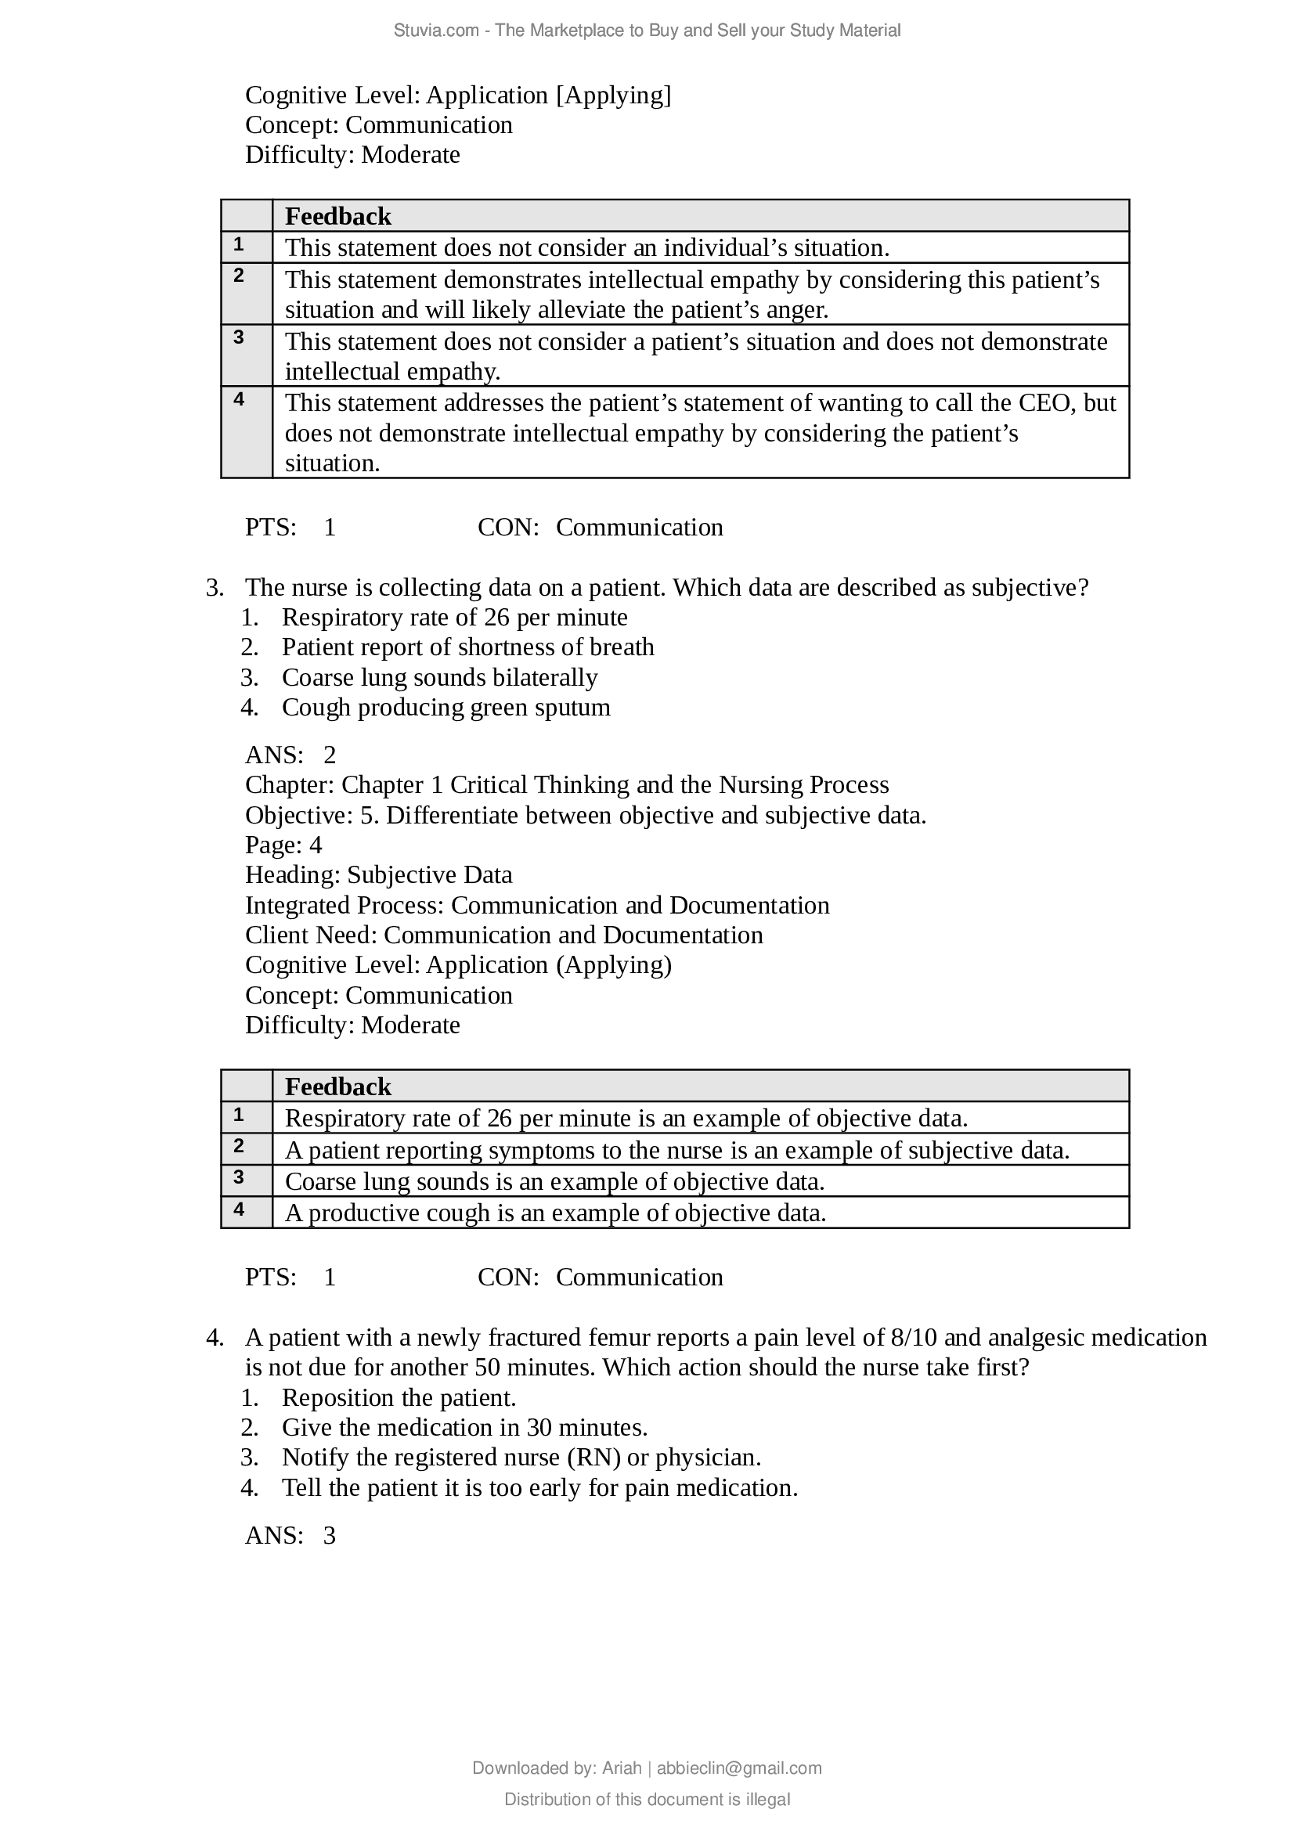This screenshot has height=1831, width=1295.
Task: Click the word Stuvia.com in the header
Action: pos(435,31)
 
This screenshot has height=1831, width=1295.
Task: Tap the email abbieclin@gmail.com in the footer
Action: pos(738,1768)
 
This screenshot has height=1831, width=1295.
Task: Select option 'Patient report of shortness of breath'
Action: pos(467,647)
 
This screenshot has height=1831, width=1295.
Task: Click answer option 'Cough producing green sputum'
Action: pos(445,708)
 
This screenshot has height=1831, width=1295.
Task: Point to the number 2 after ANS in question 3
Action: pos(330,755)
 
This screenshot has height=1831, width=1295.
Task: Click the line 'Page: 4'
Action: pos(283,845)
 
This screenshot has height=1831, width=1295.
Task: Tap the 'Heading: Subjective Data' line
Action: pos(378,875)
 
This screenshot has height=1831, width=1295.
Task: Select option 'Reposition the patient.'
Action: pos(399,1397)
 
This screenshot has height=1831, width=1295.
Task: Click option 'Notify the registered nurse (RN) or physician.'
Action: pos(521,1457)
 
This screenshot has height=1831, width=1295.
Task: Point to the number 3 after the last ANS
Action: pos(330,1535)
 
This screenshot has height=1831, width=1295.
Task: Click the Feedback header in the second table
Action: pos(338,1087)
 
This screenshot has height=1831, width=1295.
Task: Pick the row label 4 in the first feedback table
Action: pos(239,399)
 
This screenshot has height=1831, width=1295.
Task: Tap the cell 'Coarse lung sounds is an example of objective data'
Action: pos(554,1181)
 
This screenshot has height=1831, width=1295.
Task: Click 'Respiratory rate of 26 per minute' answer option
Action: pos(455,617)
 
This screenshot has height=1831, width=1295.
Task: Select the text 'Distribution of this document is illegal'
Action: pos(647,1799)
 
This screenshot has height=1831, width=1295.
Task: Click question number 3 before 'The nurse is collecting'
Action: pos(214,588)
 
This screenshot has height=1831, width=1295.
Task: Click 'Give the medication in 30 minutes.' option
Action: pos(464,1428)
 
